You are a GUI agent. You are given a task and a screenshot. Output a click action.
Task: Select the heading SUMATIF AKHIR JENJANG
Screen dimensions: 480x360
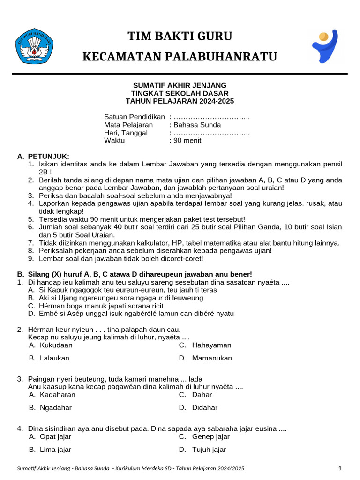[180, 85]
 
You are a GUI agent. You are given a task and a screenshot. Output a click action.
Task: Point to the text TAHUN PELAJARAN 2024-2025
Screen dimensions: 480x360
[180, 101]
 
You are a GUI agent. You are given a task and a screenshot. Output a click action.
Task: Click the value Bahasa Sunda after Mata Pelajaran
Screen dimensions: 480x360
[197, 125]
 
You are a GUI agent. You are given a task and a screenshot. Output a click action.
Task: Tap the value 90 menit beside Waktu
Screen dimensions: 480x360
[187, 141]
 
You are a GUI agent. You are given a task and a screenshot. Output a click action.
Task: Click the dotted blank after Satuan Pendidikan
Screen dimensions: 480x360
[211, 117]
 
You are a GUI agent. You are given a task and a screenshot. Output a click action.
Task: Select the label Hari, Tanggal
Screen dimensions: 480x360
[126, 133]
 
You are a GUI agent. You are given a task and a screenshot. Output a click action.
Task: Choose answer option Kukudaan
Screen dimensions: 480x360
[56, 345]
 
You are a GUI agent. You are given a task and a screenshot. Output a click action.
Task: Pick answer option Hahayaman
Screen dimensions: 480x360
[211, 345]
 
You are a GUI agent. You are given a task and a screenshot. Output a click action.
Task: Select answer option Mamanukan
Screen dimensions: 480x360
[212, 358]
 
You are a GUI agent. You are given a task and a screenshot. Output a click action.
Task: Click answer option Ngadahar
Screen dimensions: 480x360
[56, 407]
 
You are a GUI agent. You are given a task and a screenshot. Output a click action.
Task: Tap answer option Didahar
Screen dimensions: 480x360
[205, 407]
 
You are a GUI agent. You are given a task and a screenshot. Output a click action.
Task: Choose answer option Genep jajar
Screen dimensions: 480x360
[211, 436]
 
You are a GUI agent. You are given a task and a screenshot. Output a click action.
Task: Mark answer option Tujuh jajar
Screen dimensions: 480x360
[209, 450]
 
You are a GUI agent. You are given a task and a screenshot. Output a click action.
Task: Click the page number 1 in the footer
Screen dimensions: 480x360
[340, 468]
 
